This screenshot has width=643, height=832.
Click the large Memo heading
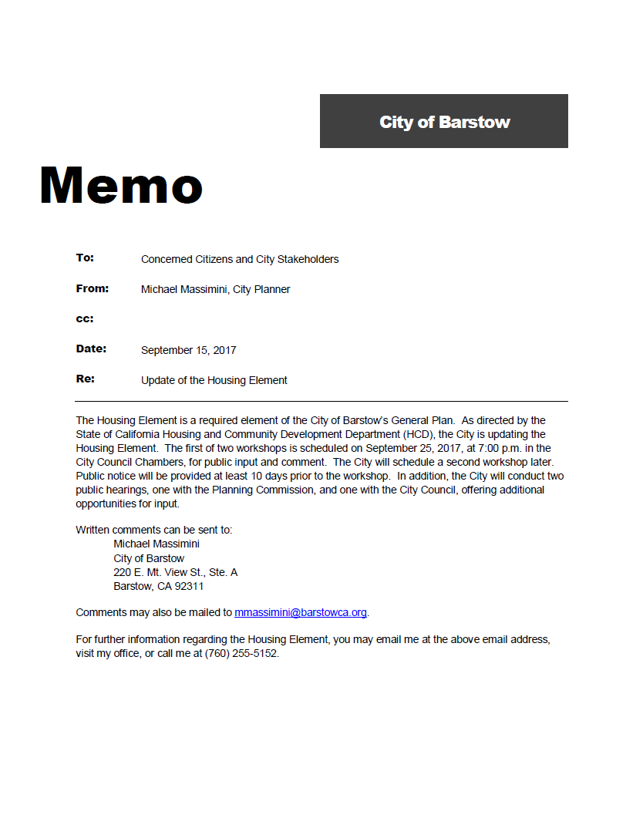pyautogui.click(x=121, y=186)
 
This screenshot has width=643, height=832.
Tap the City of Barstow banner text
pyautogui.click(x=444, y=122)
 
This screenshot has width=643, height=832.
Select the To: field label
pyautogui.click(x=85, y=258)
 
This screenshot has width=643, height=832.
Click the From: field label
pyautogui.click(x=93, y=288)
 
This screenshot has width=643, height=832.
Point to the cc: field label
pyautogui.click(x=85, y=319)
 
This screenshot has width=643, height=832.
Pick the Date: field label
pyautogui.click(x=91, y=349)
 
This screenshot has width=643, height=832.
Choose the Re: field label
pyautogui.click(x=85, y=379)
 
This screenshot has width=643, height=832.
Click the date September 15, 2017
pyautogui.click(x=188, y=350)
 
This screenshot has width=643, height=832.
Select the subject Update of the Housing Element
pyautogui.click(x=214, y=380)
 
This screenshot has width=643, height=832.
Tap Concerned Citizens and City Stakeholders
pyautogui.click(x=240, y=259)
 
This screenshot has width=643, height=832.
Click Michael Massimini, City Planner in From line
pyautogui.click(x=215, y=289)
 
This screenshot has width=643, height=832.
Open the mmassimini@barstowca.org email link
pyautogui.click(x=301, y=612)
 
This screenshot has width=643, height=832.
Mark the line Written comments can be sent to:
pyautogui.click(x=153, y=530)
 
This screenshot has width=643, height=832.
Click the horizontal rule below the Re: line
pyautogui.click(x=321, y=401)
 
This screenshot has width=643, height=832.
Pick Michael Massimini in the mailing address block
pyautogui.click(x=157, y=544)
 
